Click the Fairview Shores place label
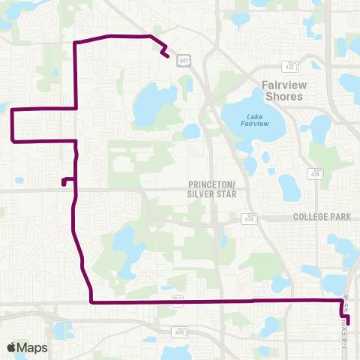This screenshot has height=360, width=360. pos(283,91)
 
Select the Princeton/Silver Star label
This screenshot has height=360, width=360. pos(211,188)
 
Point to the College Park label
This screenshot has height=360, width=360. pos(322,217)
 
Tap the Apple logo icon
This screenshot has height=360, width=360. pos(11,347)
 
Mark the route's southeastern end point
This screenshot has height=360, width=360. pos(347,322)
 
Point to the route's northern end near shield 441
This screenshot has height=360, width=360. pos(165,55)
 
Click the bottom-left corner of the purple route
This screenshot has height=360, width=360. pos(91,302)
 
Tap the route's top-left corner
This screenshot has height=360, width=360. pos(75,43)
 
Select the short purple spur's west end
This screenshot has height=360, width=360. pos(63,181)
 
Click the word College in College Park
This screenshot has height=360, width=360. pos(308,217)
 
